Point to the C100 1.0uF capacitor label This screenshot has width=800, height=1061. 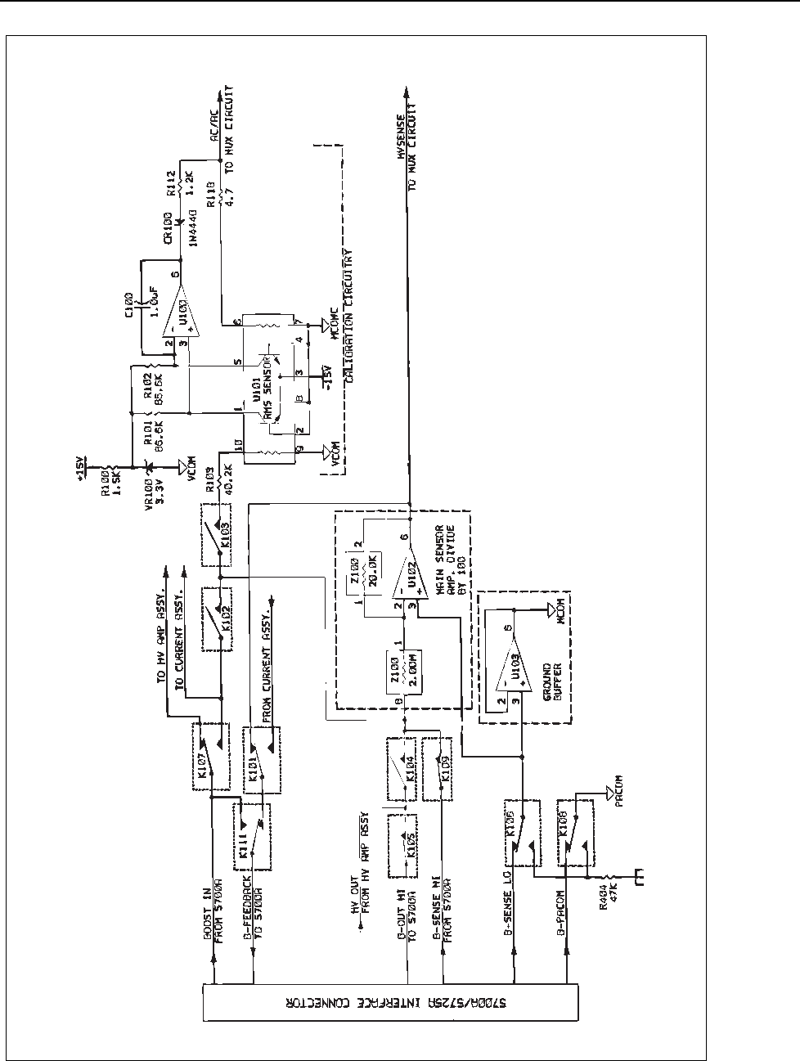pyautogui.click(x=135, y=307)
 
